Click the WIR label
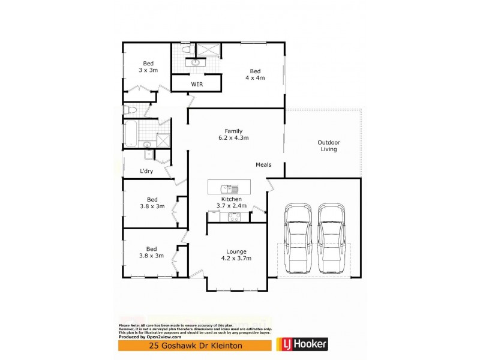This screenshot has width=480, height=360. click(197, 85)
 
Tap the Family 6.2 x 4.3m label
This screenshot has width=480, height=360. click(233, 134)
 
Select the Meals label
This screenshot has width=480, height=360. click(263, 164)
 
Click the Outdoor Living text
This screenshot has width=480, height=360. click(328, 146)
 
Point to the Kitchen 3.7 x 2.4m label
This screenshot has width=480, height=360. click(231, 202)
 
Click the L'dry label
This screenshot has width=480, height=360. click(146, 171)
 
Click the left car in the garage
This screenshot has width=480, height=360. click(298, 238)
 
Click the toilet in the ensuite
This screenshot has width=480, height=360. click(186, 49)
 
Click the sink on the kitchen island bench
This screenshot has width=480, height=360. click(226, 187)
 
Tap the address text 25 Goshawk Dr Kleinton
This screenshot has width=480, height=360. click(195, 345)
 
